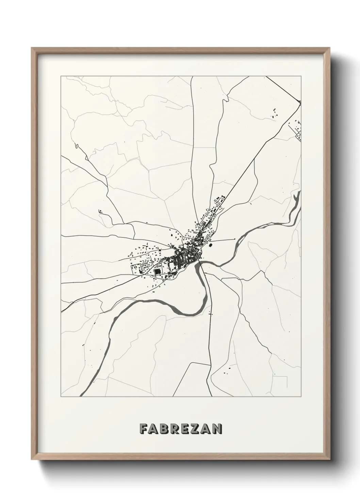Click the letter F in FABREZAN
pyautogui.click(x=143, y=428)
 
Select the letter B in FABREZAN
pyautogui.click(x=163, y=428)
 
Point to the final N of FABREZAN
pyautogui.click(x=217, y=428)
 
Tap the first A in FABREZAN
pyautogui.click(x=153, y=428)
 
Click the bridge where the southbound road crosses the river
pyautogui.click(x=201, y=262)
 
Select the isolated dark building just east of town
pyautogui.click(x=210, y=244)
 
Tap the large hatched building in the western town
pyautogui.click(x=157, y=271)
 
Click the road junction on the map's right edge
pyautogui.click(x=301, y=102)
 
